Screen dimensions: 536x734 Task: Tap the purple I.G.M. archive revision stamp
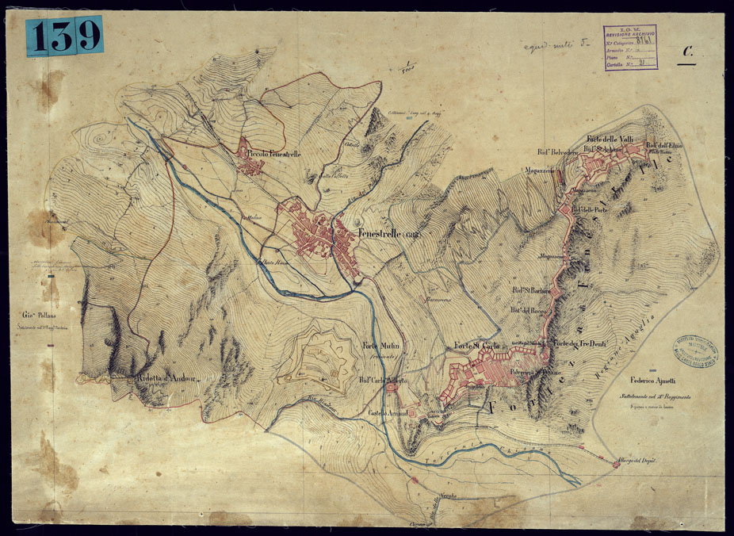[630, 48]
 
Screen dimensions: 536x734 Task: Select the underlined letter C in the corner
[688, 52]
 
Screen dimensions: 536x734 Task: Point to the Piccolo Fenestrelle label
[273, 153]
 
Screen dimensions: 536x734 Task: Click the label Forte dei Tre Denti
[582, 343]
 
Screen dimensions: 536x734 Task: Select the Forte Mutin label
[381, 346]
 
